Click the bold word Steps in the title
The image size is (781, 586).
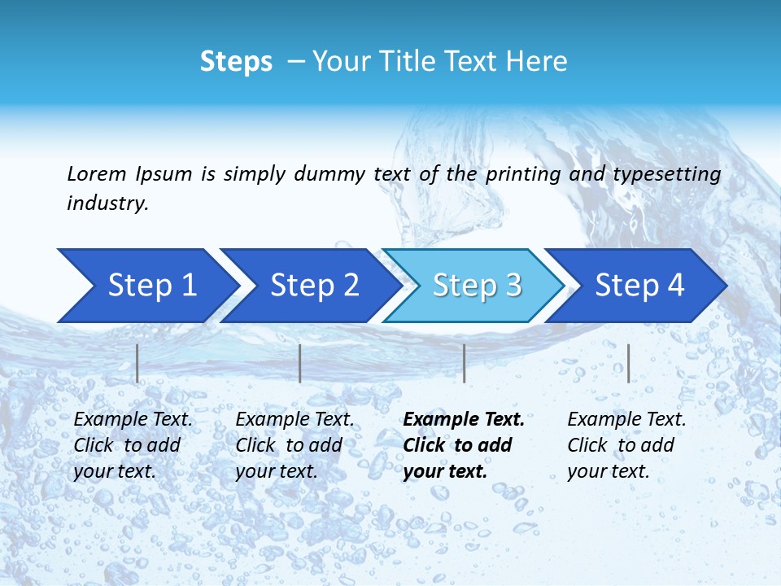236,62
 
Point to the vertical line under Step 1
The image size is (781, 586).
137,363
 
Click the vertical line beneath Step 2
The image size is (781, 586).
300,363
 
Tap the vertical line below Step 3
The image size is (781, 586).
464,363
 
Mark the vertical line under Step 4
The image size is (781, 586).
628,363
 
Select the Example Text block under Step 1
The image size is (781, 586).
133,445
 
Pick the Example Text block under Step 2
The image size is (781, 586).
295,445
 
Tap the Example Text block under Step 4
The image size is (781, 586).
626,445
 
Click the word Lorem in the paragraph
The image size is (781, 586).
96,174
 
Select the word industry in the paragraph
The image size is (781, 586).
106,203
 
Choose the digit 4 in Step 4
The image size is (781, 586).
675,286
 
